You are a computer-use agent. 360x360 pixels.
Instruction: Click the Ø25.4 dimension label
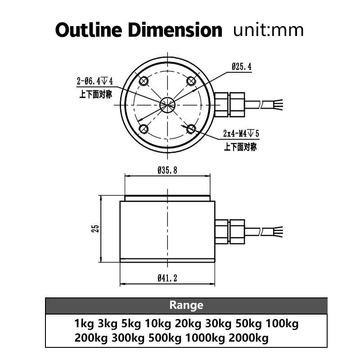(x=242, y=67)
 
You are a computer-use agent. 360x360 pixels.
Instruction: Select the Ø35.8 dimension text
(x=167, y=171)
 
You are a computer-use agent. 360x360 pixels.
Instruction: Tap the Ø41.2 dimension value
(x=167, y=279)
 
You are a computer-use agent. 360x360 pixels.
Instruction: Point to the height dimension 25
(x=95, y=229)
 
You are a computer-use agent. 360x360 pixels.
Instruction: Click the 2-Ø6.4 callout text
(x=94, y=81)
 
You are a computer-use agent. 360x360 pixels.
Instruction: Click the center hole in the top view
(x=167, y=105)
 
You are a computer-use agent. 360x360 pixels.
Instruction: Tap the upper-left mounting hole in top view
(x=144, y=81)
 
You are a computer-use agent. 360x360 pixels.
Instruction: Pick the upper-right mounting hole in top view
(x=191, y=81)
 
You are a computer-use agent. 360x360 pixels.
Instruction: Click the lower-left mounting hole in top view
(x=144, y=129)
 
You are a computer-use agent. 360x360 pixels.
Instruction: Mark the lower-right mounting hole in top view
(x=191, y=129)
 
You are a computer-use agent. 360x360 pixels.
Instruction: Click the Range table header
(x=186, y=305)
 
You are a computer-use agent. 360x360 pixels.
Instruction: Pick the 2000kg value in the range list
(x=249, y=338)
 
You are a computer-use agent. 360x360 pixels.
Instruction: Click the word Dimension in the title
(x=175, y=30)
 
